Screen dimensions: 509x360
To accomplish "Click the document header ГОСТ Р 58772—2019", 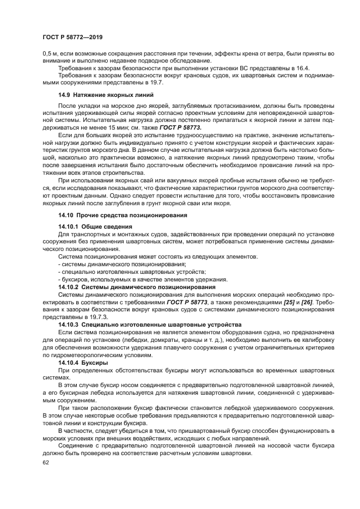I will coord(72,38).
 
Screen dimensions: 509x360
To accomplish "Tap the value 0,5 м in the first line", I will coord(50,54).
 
